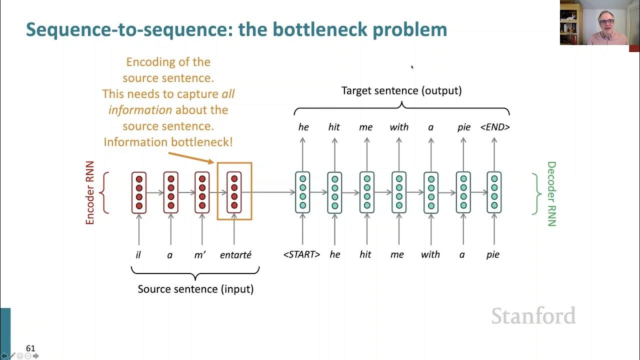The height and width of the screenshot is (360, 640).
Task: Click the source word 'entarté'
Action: [235, 255]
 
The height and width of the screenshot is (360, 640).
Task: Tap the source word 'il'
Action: [138, 255]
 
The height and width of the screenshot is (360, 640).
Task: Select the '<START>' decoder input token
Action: [301, 254]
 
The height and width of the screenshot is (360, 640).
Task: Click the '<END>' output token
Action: [494, 127]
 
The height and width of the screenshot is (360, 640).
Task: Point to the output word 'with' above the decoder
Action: [399, 127]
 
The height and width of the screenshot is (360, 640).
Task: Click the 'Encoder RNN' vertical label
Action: [90, 193]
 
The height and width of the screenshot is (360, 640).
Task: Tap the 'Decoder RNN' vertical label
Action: [551, 193]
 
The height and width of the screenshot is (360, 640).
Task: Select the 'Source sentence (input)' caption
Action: [195, 289]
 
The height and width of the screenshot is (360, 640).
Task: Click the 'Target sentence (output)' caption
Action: [401, 90]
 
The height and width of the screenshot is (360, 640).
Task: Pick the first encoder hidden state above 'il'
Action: [139, 192]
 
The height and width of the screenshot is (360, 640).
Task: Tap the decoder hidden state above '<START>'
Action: [302, 192]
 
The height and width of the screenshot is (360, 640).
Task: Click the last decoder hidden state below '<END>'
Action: [494, 192]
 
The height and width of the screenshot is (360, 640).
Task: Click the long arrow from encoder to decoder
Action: [273, 192]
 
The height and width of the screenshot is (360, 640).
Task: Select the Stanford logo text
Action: [533, 316]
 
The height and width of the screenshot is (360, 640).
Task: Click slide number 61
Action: [30, 348]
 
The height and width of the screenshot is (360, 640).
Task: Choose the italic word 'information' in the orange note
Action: [140, 110]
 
